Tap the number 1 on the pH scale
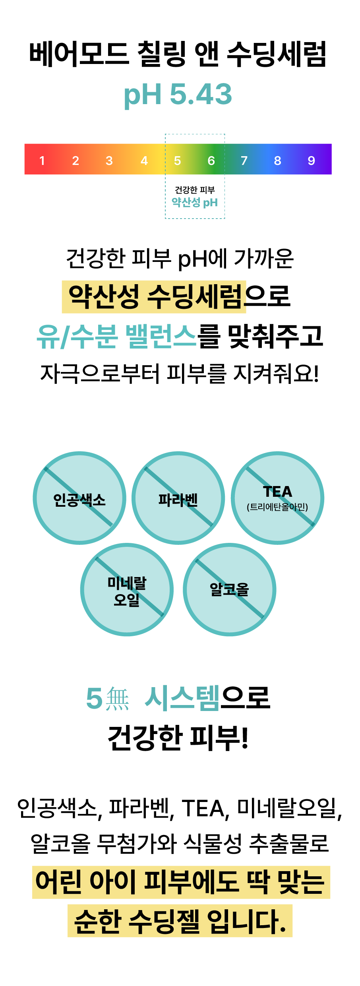point(42,161)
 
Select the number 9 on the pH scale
point(311,161)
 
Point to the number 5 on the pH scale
point(177,161)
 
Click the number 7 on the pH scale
point(244,161)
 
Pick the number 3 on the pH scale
point(109,161)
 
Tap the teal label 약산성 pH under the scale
point(195,203)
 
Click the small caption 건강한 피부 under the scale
point(195,190)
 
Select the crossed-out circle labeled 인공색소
point(79,498)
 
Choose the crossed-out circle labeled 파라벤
point(178,498)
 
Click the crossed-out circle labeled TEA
point(277,498)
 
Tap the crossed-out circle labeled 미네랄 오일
point(127,589)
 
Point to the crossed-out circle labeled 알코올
point(229,589)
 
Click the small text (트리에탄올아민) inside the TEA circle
point(277,507)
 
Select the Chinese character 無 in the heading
point(118,699)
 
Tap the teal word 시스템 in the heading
point(182,698)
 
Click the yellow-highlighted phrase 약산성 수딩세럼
point(155,296)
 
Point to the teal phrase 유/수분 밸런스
point(116,336)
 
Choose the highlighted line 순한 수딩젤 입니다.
point(180,921)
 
